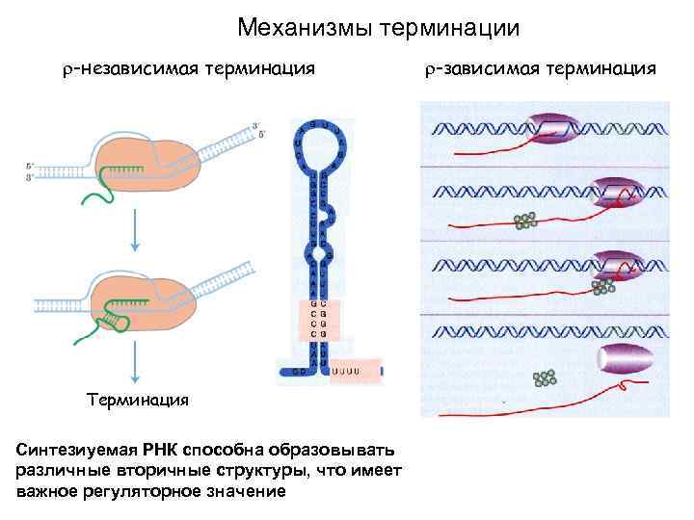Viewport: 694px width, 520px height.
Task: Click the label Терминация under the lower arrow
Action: coord(136,399)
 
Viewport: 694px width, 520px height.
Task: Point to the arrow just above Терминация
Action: coord(134,360)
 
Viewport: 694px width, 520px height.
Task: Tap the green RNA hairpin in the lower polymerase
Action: coord(117,315)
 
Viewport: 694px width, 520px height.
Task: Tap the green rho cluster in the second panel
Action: coord(525,221)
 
